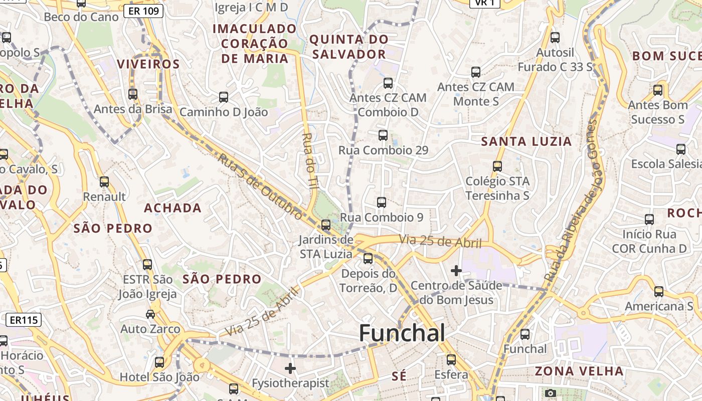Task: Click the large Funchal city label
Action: click(x=402, y=333)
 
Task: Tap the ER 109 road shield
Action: click(x=143, y=11)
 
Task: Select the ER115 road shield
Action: click(x=24, y=320)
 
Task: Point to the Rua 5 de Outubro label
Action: click(x=260, y=186)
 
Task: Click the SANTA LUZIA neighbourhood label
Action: click(x=526, y=142)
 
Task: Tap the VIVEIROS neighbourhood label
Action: click(x=148, y=64)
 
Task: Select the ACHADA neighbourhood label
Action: click(x=172, y=208)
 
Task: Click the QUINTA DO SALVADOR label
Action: click(x=348, y=47)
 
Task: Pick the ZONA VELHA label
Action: click(x=579, y=371)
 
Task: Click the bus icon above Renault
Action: click(x=104, y=182)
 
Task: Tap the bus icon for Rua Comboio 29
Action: click(x=383, y=135)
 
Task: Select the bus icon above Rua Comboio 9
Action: click(x=382, y=203)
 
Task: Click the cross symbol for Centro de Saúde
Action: click(x=456, y=271)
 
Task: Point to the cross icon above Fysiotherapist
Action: click(x=290, y=368)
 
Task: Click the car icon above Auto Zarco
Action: click(x=150, y=314)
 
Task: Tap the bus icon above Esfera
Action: click(x=451, y=360)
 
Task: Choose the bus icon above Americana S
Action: click(x=659, y=292)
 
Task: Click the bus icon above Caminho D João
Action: click(x=224, y=97)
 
